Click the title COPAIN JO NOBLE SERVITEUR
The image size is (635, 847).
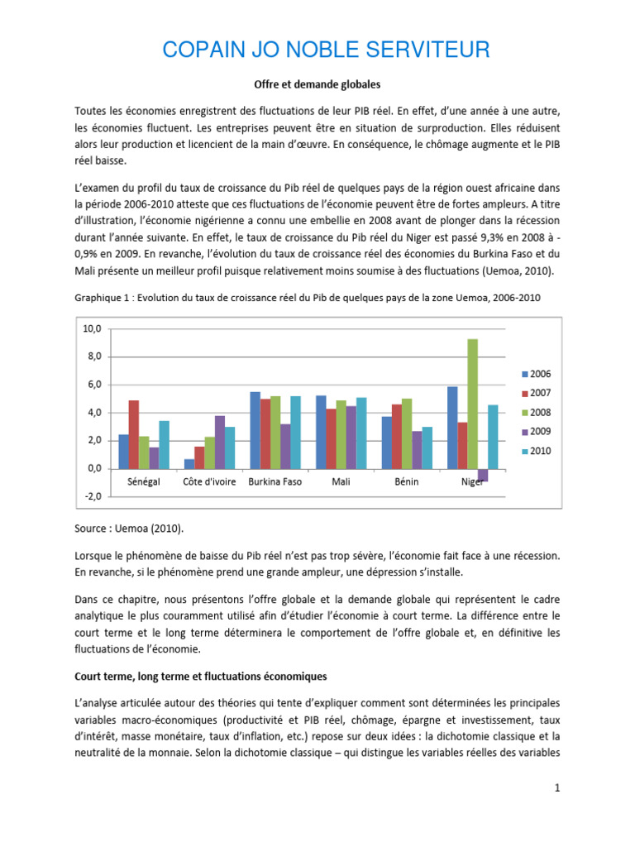pyautogui.click(x=326, y=50)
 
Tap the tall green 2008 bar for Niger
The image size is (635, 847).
pyautogui.click(x=472, y=403)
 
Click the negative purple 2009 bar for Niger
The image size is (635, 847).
pyautogui.click(x=483, y=475)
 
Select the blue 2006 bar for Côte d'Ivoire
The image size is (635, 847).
pyautogui.click(x=189, y=463)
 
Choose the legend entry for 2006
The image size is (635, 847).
pyautogui.click(x=535, y=374)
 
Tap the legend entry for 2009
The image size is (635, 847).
pyautogui.click(x=535, y=431)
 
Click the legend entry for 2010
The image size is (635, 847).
pyautogui.click(x=535, y=451)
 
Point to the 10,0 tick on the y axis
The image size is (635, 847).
pyautogui.click(x=91, y=328)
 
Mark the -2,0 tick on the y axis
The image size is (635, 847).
pyautogui.click(x=91, y=496)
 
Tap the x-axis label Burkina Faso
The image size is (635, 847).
pyautogui.click(x=275, y=481)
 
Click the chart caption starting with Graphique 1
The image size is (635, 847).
pyautogui.click(x=307, y=298)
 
